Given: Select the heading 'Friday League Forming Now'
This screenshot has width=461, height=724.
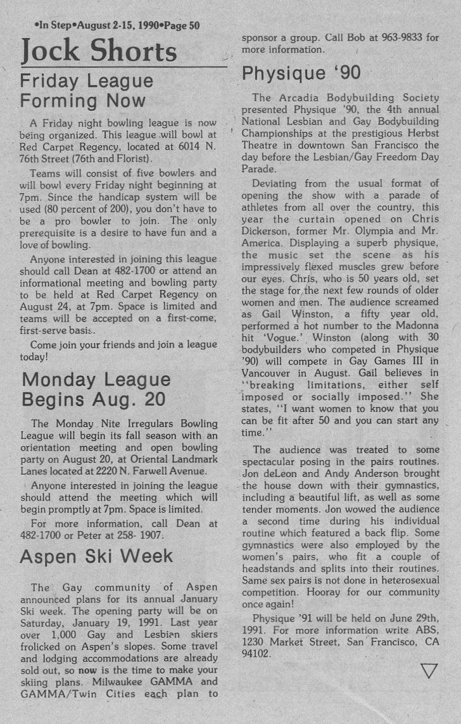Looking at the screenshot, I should coord(87,90).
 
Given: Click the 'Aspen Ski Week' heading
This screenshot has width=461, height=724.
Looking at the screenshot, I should coord(96,556).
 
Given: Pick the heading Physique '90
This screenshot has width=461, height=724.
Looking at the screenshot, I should coord(301,73).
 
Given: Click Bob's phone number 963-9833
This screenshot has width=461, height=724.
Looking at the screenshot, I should coord(398,37).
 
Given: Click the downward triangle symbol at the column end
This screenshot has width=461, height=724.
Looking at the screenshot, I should coord(429,670).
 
